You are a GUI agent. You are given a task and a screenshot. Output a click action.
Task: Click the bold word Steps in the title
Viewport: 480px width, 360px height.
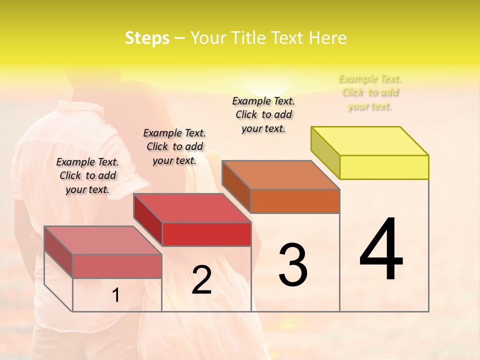point(147,38)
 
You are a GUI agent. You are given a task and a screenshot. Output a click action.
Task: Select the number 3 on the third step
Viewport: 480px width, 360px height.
point(292,264)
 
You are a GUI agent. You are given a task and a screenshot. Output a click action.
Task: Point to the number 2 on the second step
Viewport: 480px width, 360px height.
point(201,280)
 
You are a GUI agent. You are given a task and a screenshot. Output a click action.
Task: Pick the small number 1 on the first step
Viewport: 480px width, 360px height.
point(116,295)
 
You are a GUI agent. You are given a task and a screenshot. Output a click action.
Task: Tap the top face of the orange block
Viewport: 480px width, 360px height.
point(281,174)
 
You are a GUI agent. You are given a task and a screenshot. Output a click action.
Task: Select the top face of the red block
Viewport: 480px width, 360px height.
point(192,207)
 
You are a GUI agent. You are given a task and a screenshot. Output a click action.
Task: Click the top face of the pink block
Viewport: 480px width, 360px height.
point(103,240)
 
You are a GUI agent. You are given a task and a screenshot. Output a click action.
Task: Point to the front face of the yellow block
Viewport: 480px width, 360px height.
point(384,167)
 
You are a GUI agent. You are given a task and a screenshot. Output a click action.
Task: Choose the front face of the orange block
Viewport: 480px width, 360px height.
point(295,201)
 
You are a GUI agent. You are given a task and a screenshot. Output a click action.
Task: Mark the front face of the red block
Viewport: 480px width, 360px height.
point(206,234)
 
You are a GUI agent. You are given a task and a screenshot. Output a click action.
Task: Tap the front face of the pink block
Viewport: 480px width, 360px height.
point(117,266)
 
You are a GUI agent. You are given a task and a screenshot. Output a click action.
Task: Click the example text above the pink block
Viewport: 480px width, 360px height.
point(87,175)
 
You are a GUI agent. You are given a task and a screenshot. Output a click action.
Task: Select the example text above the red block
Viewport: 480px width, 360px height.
point(174,146)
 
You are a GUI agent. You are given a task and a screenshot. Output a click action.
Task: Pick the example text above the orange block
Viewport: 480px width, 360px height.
point(263,114)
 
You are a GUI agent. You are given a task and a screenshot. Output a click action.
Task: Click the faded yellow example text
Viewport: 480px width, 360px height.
point(370,92)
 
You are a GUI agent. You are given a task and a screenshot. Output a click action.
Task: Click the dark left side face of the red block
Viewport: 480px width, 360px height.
point(148,220)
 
